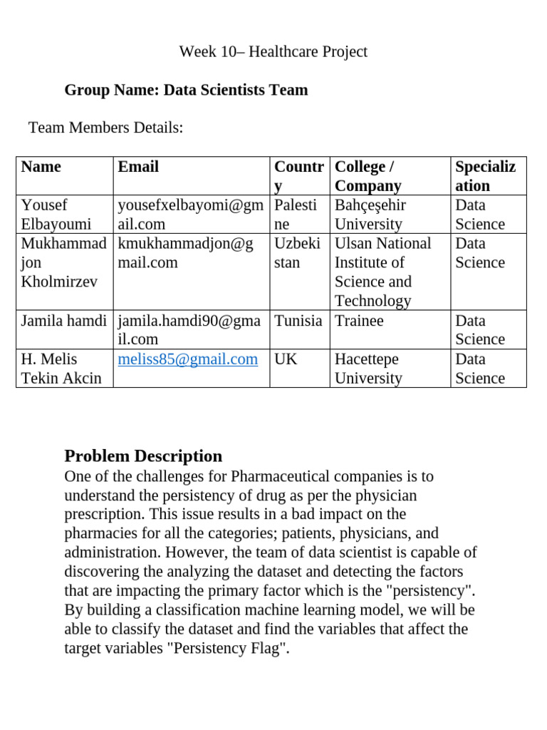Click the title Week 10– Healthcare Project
[273, 51]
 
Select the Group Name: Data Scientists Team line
[186, 90]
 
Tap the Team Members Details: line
[105, 128]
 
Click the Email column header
[138, 167]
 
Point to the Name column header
[41, 167]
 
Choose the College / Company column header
[368, 176]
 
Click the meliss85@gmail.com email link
[188, 359]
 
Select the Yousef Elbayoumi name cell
[56, 215]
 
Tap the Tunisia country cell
[298, 321]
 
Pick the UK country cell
[286, 359]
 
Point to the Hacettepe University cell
[368, 369]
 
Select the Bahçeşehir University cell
[370, 215]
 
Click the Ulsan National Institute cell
[382, 272]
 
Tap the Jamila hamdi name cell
[64, 321]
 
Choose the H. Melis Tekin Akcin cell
[61, 369]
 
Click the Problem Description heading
[143, 456]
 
